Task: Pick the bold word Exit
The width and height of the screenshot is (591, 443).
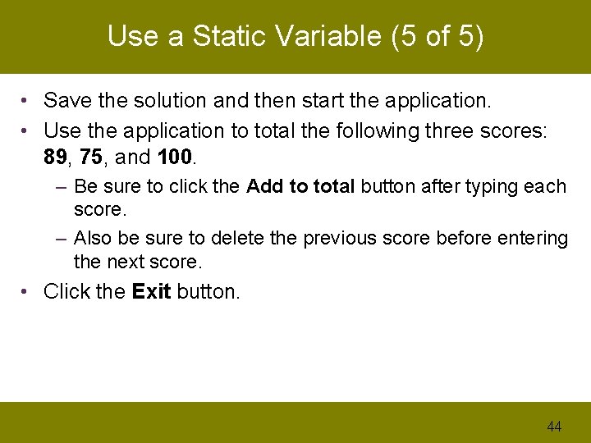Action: coord(151,292)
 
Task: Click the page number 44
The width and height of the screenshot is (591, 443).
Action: coord(554,426)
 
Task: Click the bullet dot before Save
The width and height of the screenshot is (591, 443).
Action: coord(27,101)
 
